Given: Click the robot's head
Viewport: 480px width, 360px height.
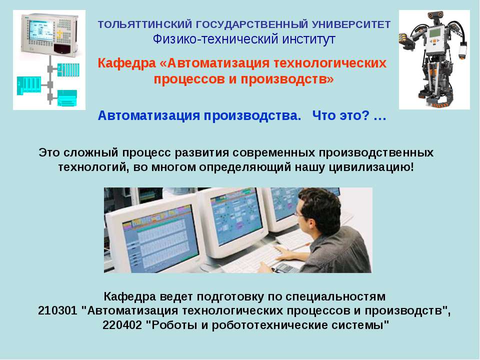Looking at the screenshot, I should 435,17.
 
